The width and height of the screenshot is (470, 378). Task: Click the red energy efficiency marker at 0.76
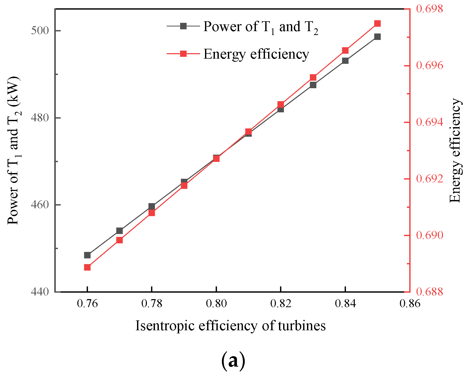[x=87, y=267]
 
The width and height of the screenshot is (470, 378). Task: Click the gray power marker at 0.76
[x=87, y=255]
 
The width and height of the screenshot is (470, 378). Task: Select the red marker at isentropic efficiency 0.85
[x=377, y=24]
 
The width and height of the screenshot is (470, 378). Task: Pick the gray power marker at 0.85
[x=377, y=37]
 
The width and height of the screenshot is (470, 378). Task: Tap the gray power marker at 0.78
[x=152, y=207]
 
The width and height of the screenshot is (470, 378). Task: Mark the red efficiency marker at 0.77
[x=119, y=240]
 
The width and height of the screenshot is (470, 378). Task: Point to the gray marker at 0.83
[x=313, y=85]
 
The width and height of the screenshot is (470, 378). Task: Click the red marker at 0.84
[x=345, y=50]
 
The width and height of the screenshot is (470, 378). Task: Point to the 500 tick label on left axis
[x=40, y=31]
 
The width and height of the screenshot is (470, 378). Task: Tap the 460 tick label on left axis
[x=40, y=205]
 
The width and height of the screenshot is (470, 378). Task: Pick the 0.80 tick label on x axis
[x=216, y=303]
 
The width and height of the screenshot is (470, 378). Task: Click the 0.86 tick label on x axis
[x=410, y=303]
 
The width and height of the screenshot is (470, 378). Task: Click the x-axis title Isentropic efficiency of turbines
[x=230, y=326]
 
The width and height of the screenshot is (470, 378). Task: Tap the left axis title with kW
[x=13, y=150]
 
